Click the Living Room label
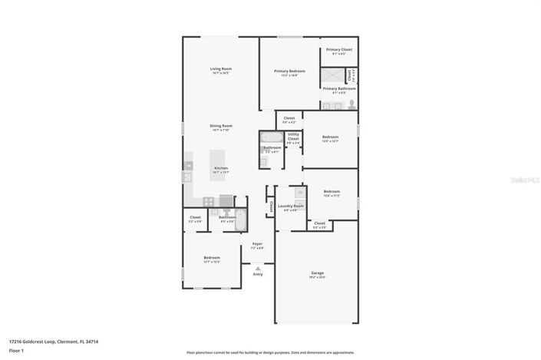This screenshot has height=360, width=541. [x=221, y=69]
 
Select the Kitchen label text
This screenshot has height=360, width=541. [x=220, y=167]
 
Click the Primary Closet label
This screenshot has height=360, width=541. [x=338, y=50]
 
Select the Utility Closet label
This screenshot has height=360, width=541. [x=293, y=138]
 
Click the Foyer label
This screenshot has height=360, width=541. [x=257, y=244]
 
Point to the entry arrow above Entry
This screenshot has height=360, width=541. [x=258, y=268]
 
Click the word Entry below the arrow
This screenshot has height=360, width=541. [x=258, y=274]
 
